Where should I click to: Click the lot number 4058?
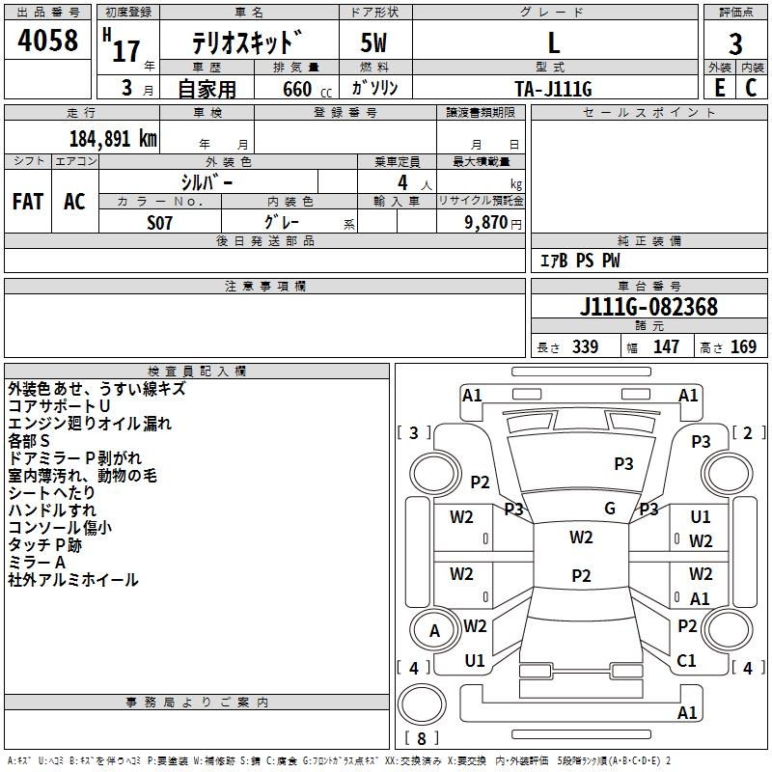47,41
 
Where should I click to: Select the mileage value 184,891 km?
113,139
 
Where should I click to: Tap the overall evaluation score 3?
735,43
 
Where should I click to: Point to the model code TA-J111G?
553,89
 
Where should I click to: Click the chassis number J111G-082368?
648,307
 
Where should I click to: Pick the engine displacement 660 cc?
307,89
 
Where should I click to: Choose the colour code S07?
159,223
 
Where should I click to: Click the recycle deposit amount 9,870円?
492,223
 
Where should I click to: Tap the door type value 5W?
373,42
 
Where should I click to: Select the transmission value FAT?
28,202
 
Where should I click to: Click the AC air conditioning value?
74,202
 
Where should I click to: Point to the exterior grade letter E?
719,88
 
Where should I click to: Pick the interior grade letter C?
751,88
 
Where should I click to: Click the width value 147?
666,346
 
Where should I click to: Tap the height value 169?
743,346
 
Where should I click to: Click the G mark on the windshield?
610,508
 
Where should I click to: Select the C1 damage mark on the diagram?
686,660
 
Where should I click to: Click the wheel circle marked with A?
434,630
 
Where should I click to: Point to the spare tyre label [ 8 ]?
422,738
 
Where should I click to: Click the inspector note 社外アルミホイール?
73,580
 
